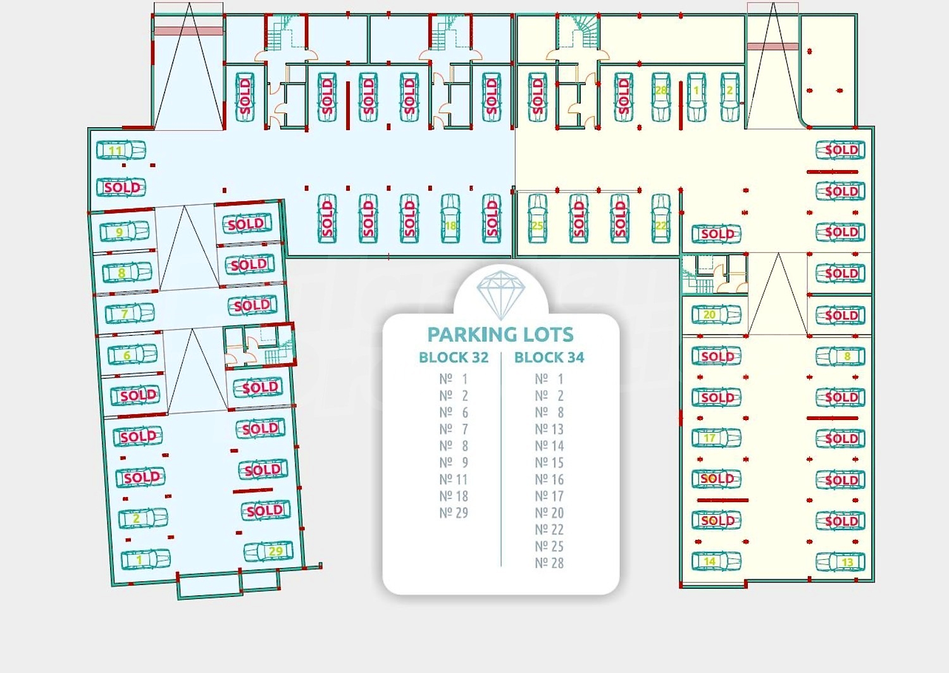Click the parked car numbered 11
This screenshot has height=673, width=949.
pyautogui.click(x=121, y=151)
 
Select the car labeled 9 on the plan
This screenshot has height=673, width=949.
pyautogui.click(x=125, y=232)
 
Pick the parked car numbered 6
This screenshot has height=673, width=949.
pyautogui.click(x=132, y=355)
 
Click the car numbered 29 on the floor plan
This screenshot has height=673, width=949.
pyautogui.click(x=269, y=552)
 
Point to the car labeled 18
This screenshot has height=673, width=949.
pyautogui.click(x=450, y=219)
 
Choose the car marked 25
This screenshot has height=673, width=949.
pyautogui.click(x=537, y=219)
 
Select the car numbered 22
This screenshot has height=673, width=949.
pyautogui.click(x=661, y=219)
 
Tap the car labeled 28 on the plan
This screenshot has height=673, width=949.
pyautogui.click(x=661, y=97)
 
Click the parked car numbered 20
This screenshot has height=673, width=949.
pyautogui.click(x=716, y=314)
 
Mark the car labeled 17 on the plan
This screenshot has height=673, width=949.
pyautogui.click(x=716, y=438)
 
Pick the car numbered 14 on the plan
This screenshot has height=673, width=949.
pyautogui.click(x=716, y=561)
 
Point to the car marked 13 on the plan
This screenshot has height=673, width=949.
pyautogui.click(x=840, y=562)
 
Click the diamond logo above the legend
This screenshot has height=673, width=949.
pyautogui.click(x=500, y=293)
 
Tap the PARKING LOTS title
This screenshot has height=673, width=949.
pyautogui.click(x=500, y=334)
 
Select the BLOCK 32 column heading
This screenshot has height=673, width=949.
pyautogui.click(x=454, y=357)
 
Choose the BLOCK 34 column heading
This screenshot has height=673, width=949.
pyautogui.click(x=549, y=357)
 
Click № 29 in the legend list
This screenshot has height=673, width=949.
pyautogui.click(x=454, y=513)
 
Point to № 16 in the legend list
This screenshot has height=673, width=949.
pyautogui.click(x=549, y=479)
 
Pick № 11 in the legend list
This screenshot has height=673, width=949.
pyautogui.click(x=454, y=479)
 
